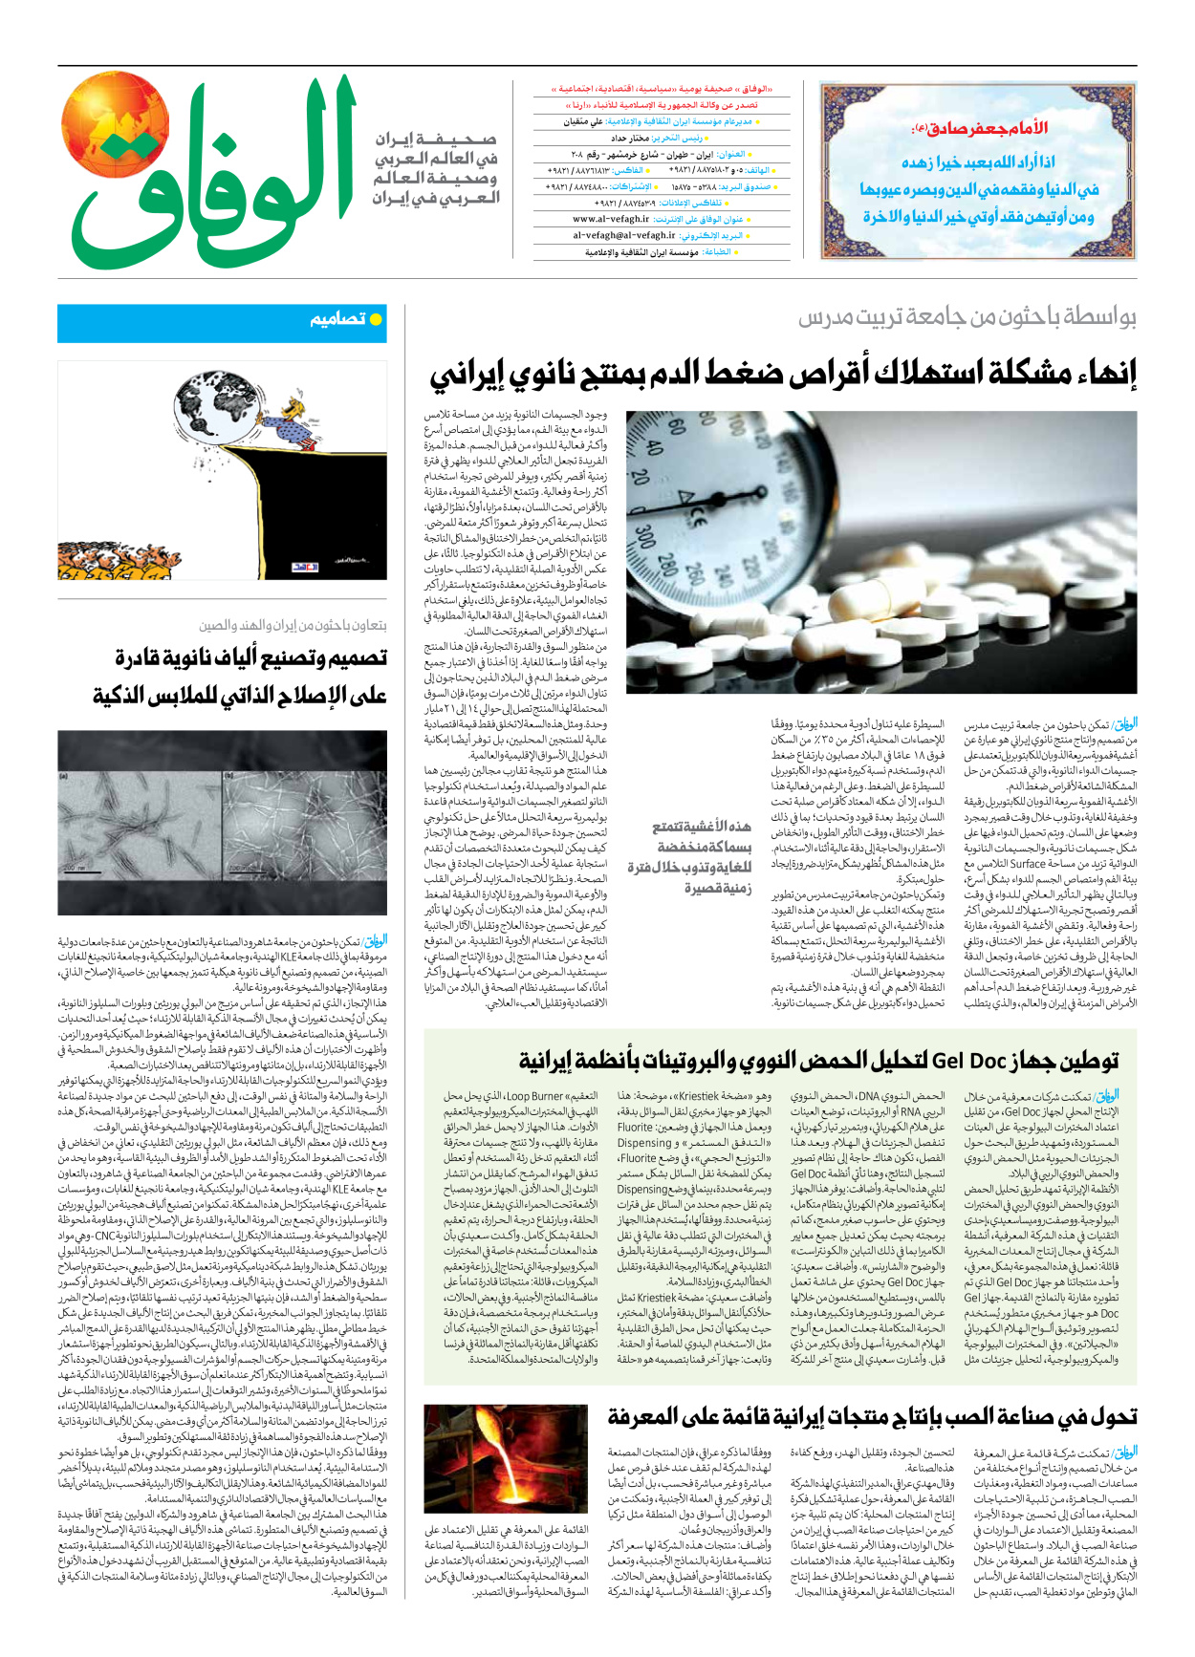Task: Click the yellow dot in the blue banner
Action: tap(376, 319)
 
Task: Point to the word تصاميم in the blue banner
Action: tap(337, 319)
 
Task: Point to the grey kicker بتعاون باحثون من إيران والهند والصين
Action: tap(293, 625)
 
